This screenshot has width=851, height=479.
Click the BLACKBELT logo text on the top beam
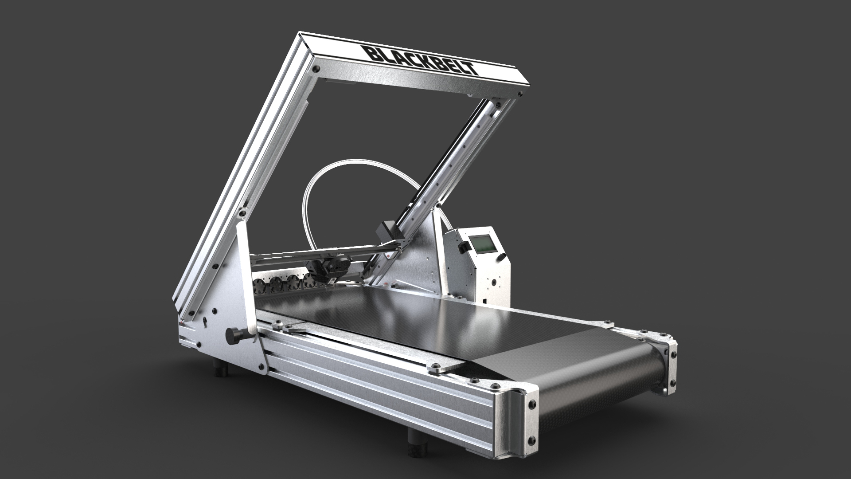tap(421, 60)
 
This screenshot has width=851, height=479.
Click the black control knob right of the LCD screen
tap(502, 258)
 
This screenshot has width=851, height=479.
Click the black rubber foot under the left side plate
tap(220, 369)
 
